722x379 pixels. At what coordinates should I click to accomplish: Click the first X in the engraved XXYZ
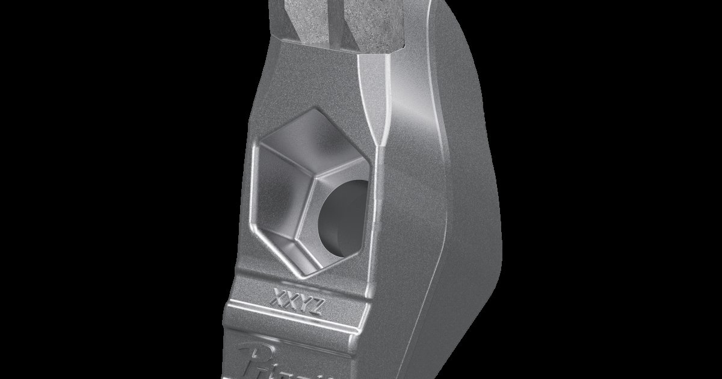click(x=279, y=297)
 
